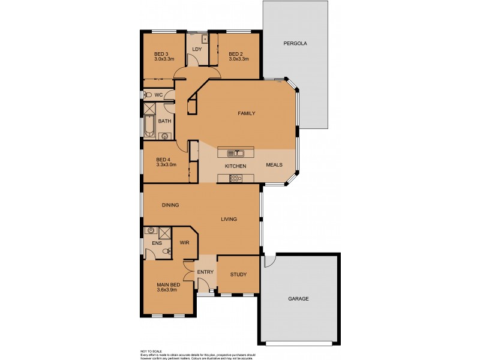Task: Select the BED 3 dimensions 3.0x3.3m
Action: [164, 59]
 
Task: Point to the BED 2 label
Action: [235, 53]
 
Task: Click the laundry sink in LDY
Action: [205, 38]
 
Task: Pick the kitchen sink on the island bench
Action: [236, 152]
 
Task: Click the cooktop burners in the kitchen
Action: [235, 177]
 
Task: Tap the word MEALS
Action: [274, 165]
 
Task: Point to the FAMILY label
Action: [247, 113]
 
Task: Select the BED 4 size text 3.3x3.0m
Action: [166, 164]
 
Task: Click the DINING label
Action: [170, 205]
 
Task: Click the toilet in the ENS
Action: [166, 251]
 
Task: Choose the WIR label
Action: [185, 243]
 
